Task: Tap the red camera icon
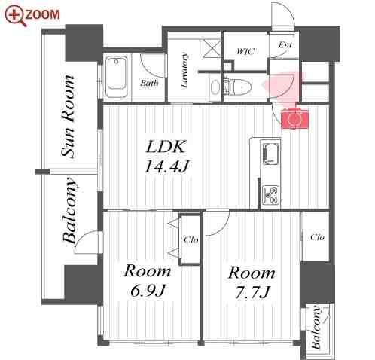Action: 293,117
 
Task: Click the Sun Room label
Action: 69,117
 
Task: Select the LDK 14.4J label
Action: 165,155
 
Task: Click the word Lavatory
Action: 184,69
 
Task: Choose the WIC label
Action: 245,52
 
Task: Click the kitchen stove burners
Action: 270,196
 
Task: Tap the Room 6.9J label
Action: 147,280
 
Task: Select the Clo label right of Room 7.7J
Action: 316,237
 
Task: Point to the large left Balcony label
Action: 70,212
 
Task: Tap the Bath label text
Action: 149,84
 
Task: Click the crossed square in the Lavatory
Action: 212,49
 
